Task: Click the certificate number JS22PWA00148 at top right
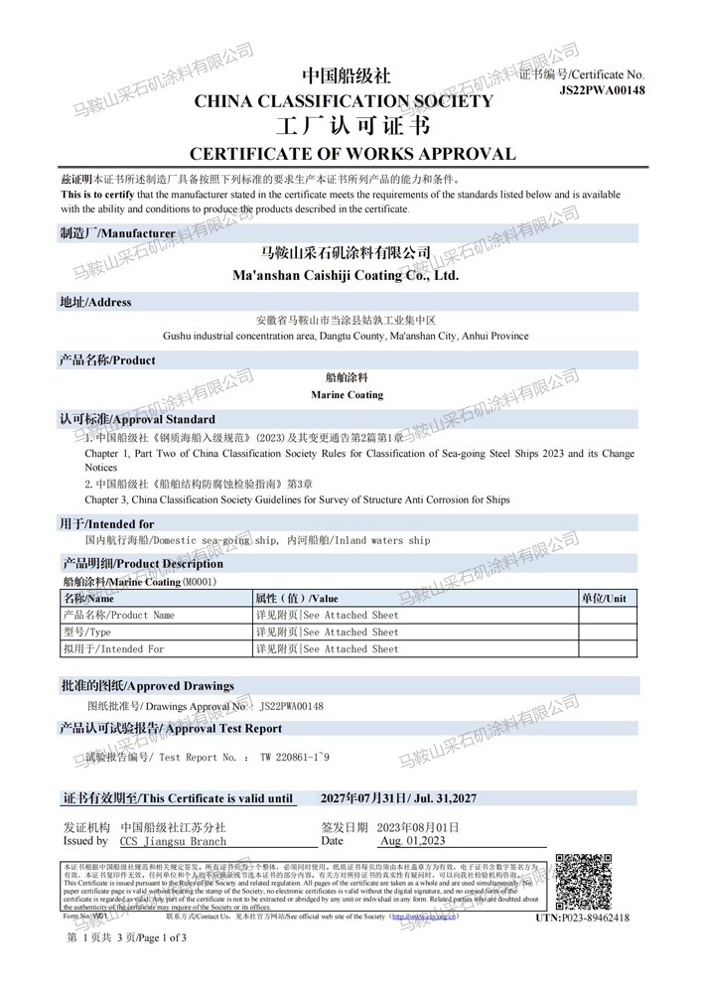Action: coord(602,90)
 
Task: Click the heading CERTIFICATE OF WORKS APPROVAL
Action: coord(352,154)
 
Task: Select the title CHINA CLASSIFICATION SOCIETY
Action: coord(342,101)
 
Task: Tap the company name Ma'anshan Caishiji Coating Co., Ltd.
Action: coord(345,274)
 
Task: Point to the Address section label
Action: coord(95,302)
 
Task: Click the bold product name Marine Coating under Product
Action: coord(347,394)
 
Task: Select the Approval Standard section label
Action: coord(137,419)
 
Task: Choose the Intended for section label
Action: coord(107,523)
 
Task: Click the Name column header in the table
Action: coord(89,599)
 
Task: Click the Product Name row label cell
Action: coord(119,616)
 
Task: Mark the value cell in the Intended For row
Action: coord(327,649)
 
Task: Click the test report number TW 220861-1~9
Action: coord(295,757)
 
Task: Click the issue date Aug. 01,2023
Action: coord(413,841)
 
